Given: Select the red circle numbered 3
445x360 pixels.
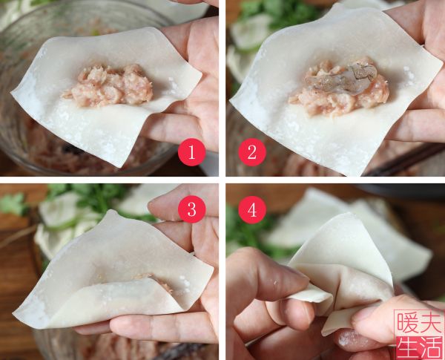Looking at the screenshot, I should tap(191, 210).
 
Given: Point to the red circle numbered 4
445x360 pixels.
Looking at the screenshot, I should tap(252, 210).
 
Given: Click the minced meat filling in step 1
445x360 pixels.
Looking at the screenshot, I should tap(108, 85).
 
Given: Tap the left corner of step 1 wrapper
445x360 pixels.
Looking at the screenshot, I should tap(13, 95).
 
